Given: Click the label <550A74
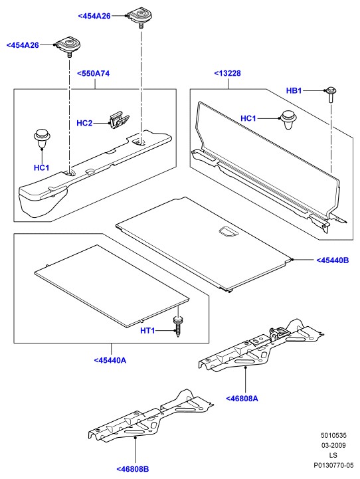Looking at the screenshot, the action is pyautogui.click(x=93, y=74).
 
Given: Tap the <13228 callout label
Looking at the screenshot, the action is pyautogui.click(x=227, y=73).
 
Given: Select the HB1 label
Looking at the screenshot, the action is pyautogui.click(x=294, y=90).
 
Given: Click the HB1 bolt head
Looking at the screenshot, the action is pyautogui.click(x=331, y=90).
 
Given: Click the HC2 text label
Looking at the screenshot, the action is pyautogui.click(x=84, y=123).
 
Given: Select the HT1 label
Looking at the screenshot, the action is pyautogui.click(x=147, y=331).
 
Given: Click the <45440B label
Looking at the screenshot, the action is pyautogui.click(x=332, y=260).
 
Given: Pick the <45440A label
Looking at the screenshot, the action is pyautogui.click(x=110, y=360).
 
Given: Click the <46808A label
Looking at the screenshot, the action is pyautogui.click(x=242, y=399).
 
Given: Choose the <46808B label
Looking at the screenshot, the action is pyautogui.click(x=133, y=469).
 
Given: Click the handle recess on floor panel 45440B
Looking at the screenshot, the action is pyautogui.click(x=228, y=231).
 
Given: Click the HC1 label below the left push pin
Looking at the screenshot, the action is pyautogui.click(x=42, y=167).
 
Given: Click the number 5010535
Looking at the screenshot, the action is pyautogui.click(x=333, y=435).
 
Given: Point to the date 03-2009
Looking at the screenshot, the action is pyautogui.click(x=333, y=445).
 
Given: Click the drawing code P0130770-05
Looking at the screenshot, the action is pyautogui.click(x=333, y=465).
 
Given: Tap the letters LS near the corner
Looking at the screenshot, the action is pyautogui.click(x=333, y=455).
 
